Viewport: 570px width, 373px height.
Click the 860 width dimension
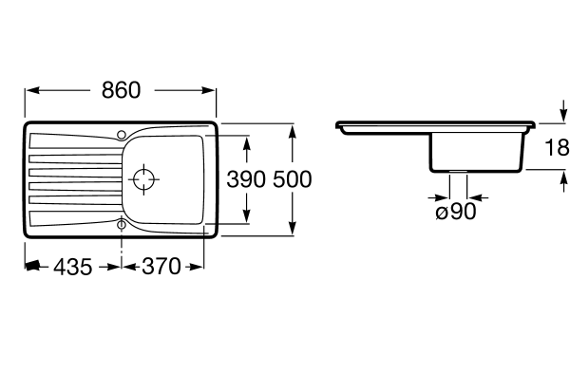pyautogui.click(x=121, y=90)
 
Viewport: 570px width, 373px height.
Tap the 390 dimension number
pyautogui.click(x=246, y=179)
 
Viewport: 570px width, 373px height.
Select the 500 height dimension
pyautogui.click(x=293, y=179)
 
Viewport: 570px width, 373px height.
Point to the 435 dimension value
pyautogui.click(x=73, y=267)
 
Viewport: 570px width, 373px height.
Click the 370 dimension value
pyautogui.click(x=161, y=266)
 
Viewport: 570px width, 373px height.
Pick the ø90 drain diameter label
pyautogui.click(x=456, y=212)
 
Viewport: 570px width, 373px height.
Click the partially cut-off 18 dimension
pyautogui.click(x=557, y=147)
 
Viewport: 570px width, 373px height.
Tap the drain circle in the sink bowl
pyautogui.click(x=144, y=179)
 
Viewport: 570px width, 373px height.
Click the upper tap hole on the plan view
pyautogui.click(x=122, y=135)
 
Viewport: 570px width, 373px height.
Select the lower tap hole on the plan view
pyautogui.click(x=122, y=225)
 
